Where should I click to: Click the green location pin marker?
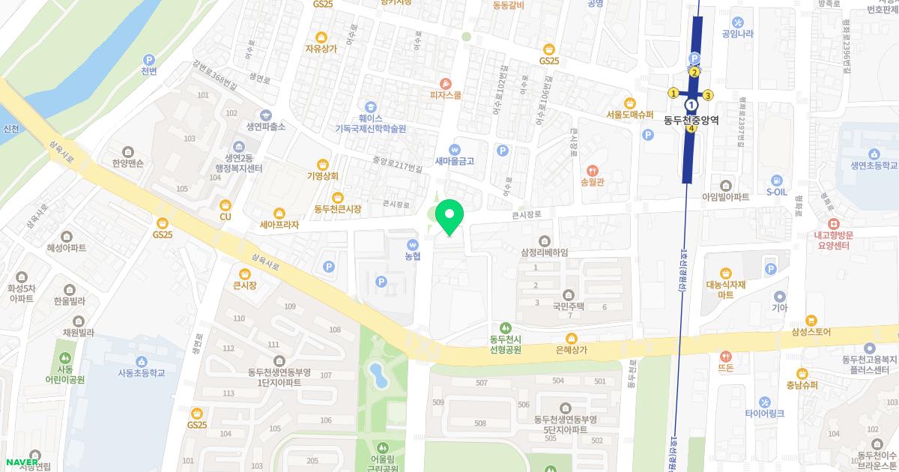(x=449, y=217)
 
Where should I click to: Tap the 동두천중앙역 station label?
(x=691, y=119)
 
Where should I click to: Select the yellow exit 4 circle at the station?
(x=692, y=128)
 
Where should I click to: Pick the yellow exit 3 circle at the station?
(x=707, y=94)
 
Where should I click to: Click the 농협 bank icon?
(x=412, y=244)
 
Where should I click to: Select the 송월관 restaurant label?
(x=592, y=181)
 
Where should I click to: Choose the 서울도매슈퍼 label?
(x=630, y=115)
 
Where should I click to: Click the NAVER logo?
(x=22, y=462)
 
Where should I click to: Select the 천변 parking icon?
(x=148, y=60)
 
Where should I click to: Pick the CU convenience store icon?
(x=225, y=205)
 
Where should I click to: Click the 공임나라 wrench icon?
(x=737, y=22)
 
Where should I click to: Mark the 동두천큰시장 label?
(x=337, y=208)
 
